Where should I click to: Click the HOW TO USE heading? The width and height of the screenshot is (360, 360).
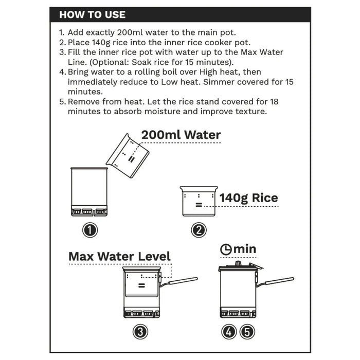tap(92, 14)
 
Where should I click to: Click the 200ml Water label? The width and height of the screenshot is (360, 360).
tap(181, 135)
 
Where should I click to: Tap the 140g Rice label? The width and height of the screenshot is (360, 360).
tap(248, 198)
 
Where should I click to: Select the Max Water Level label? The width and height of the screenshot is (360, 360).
tap(119, 256)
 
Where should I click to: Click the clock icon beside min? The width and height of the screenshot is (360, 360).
tap(226, 249)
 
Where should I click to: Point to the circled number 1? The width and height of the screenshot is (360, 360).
tap(91, 230)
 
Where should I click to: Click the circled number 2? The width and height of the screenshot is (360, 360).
tap(199, 230)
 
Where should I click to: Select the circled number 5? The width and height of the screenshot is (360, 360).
tap(248, 332)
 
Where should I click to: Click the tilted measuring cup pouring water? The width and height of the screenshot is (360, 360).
tap(128, 155)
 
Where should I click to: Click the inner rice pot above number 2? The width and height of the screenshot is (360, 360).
tap(199, 202)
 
